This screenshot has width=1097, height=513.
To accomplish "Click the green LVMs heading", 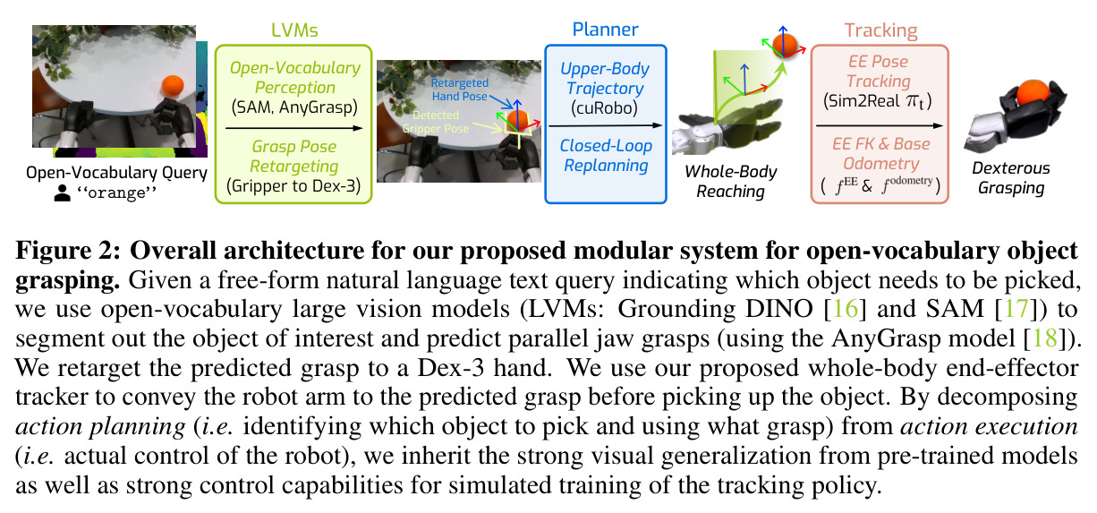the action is pos(294,30).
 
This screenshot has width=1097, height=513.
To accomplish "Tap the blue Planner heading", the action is pos(605,30).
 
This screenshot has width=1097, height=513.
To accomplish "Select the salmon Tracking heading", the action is pos(880,30).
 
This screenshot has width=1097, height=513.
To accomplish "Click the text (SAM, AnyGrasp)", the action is pos(294,107).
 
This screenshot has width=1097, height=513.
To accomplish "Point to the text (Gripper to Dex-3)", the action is pos(293,185).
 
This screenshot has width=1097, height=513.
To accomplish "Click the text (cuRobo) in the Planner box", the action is pos(604,107).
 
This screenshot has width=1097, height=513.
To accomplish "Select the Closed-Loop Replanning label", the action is pos(606,155).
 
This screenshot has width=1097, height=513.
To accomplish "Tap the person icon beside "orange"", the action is pos(63,192).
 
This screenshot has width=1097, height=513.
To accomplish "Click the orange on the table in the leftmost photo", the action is pos(173,86).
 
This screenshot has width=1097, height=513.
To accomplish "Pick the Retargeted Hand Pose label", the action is pos(459,90).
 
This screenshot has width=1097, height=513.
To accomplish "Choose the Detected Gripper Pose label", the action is pos(436,122).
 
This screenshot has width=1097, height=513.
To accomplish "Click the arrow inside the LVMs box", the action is pos(293,128).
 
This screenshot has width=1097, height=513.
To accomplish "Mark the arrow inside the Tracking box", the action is pos(879,126).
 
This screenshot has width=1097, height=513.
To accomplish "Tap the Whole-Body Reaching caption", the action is pos(731,181).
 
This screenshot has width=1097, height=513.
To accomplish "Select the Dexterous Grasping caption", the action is pos(1011,178).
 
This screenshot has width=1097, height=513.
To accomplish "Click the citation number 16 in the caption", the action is pos(846,309).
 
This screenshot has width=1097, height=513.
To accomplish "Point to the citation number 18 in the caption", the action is pos(1045,338).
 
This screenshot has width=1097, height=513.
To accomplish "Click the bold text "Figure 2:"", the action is pos(68,251).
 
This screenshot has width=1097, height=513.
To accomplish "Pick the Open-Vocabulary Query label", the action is pos(116,173).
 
